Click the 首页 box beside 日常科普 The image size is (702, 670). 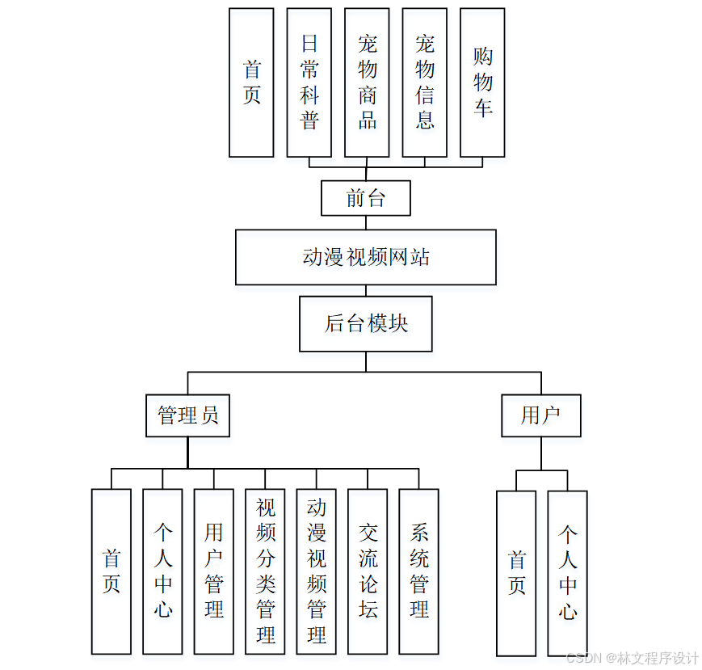coord(251,82)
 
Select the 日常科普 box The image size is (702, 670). coord(309,82)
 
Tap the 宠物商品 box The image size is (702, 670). coord(367,82)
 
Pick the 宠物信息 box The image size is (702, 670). coord(425,82)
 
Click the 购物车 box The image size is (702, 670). coord(482,82)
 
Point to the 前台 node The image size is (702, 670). coord(366,198)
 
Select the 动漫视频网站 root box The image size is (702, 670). coord(366,257)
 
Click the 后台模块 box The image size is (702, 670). coord(366,323)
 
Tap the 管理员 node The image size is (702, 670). coord(188,415)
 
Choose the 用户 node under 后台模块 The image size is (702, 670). coord(541,415)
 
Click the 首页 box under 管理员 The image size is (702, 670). coord(111,571)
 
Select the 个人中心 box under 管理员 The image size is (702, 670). coord(162,571)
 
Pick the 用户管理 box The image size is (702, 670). coord(214,571)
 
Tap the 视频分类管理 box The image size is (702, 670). coord(265,571)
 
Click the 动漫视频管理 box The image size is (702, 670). coord(317,571)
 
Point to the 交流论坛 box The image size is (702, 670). coord(368,571)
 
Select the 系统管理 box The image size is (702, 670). coord(419,571)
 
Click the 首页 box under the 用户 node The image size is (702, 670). coord(516,573)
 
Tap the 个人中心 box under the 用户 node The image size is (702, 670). coord(568,573)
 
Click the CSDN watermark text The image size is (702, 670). coord(633,658)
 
